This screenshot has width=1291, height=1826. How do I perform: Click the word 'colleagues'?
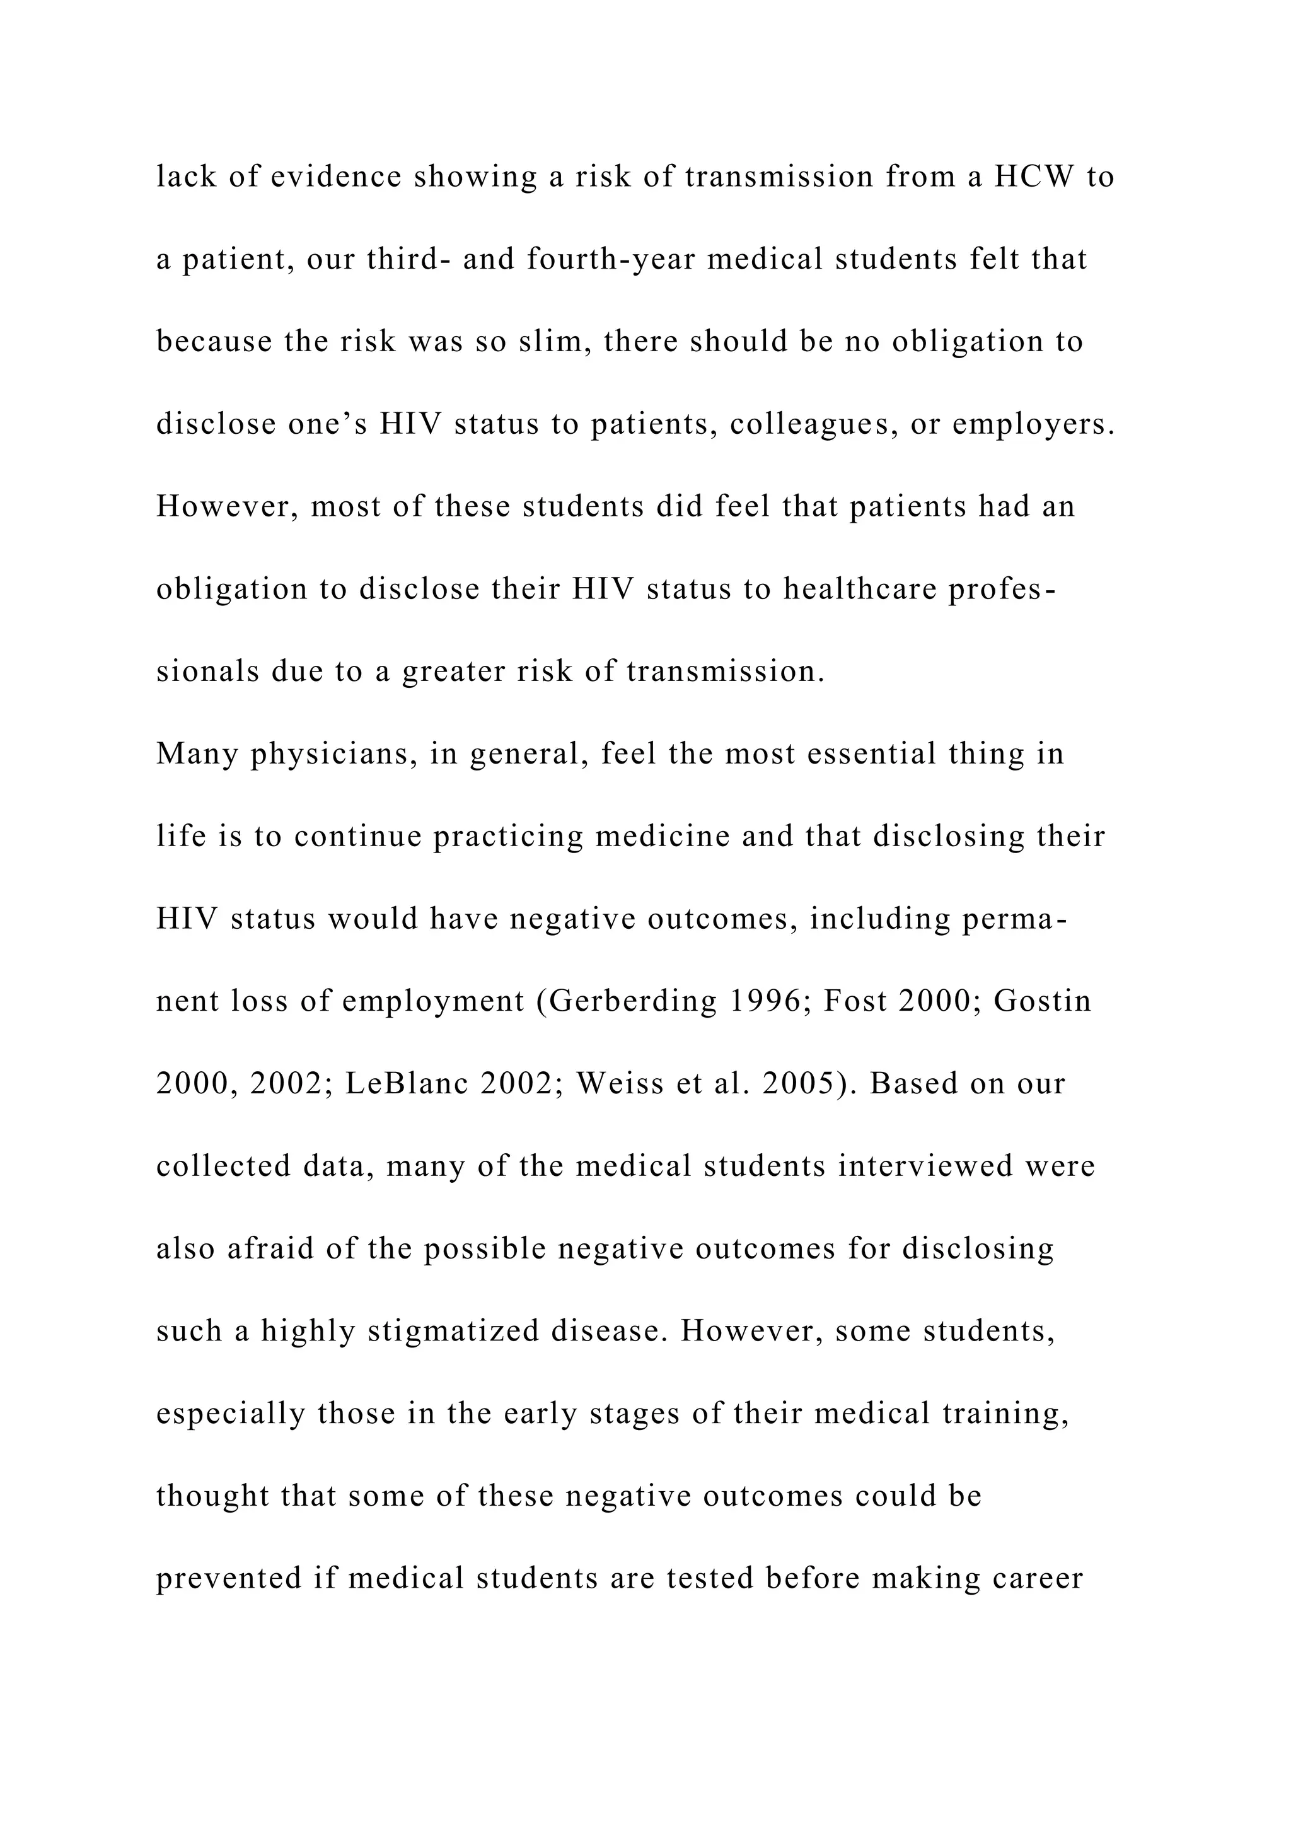(x=813, y=425)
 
